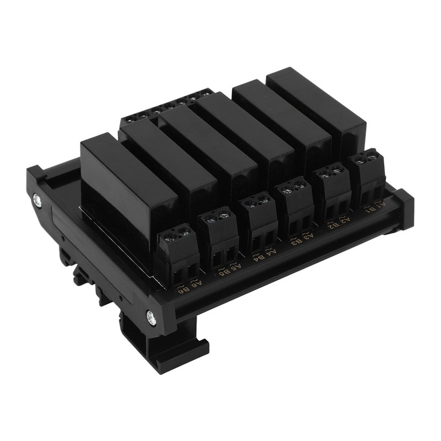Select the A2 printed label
pos(343,220)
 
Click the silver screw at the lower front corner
pos(150,316)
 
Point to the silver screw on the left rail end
pos(37,199)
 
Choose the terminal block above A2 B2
pos(332,191)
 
